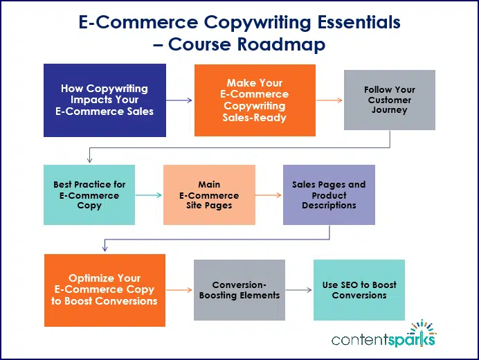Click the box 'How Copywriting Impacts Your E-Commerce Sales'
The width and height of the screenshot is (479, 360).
(105, 100)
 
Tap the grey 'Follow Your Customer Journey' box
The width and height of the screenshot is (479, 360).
(389, 100)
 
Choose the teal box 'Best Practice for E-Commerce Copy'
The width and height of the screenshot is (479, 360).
(89, 195)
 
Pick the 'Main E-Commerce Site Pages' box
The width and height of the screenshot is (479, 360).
(209, 195)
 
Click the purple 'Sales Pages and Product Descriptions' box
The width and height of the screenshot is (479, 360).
(329, 195)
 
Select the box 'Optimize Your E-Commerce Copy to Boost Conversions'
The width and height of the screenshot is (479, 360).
(105, 289)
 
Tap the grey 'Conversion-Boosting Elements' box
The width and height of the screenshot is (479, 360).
(239, 289)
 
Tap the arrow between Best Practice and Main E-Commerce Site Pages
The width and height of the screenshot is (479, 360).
(149, 195)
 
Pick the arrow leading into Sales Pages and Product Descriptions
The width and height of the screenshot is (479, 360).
(269, 195)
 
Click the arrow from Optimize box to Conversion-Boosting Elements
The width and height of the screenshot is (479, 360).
(179, 290)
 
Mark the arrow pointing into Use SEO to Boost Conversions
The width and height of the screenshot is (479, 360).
(299, 290)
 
